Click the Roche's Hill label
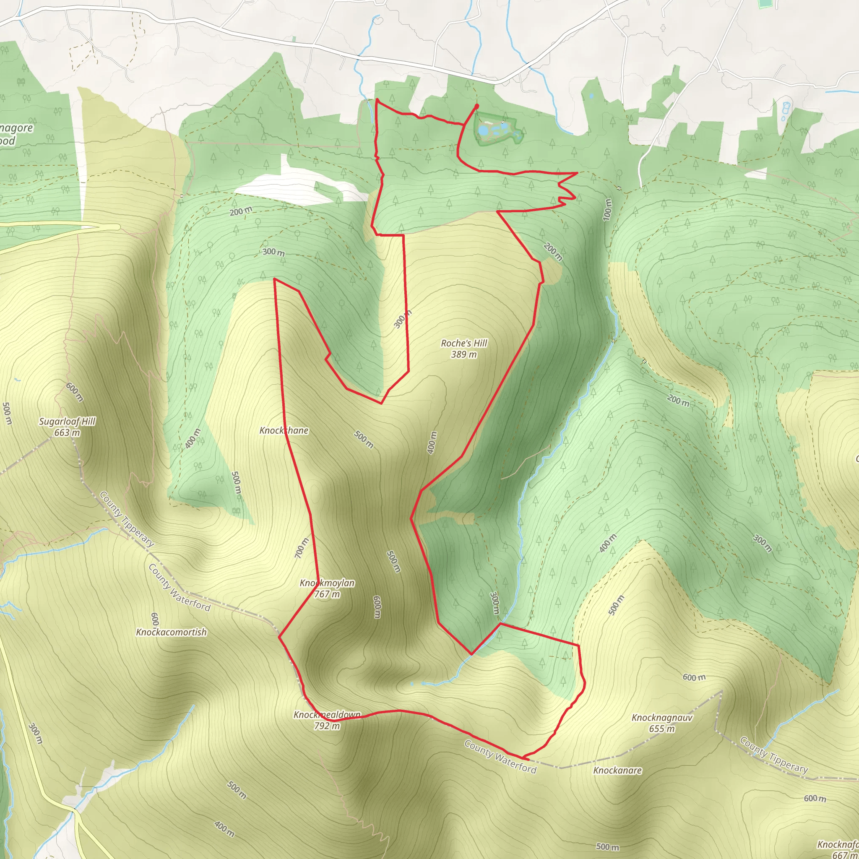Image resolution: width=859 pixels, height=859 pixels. tap(464, 343)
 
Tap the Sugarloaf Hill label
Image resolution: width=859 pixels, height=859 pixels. tap(67, 422)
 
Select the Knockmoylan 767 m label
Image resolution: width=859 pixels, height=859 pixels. tap(327, 588)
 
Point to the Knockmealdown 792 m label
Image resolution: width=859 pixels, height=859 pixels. tap(327, 720)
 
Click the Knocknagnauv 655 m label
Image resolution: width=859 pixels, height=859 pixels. tap(662, 723)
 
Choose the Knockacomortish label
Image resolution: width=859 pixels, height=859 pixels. tap(171, 632)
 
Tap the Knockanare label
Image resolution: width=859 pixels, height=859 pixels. tap(617, 770)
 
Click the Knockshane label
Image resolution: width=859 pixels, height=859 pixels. tap(284, 430)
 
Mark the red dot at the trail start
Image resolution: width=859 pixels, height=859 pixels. tap(476, 106)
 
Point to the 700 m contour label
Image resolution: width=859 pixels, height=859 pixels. tap(302, 548)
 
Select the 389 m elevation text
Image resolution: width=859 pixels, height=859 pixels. tap(464, 355)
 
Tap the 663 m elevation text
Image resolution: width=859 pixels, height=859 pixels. tap(67, 432)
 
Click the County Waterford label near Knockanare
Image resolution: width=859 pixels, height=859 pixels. tap(500, 757)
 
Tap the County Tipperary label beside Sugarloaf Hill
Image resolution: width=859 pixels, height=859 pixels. tap(127, 519)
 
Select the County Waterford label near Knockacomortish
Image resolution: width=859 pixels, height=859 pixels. tap(179, 588)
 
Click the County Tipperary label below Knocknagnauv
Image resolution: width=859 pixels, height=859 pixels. tap(773, 755)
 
